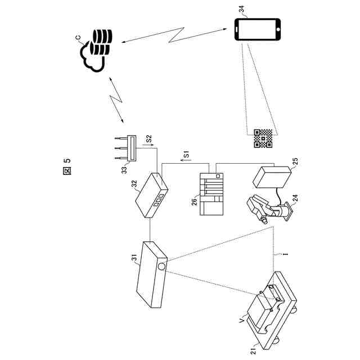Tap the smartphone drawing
pos(257,30)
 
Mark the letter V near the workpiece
pos(241,319)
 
